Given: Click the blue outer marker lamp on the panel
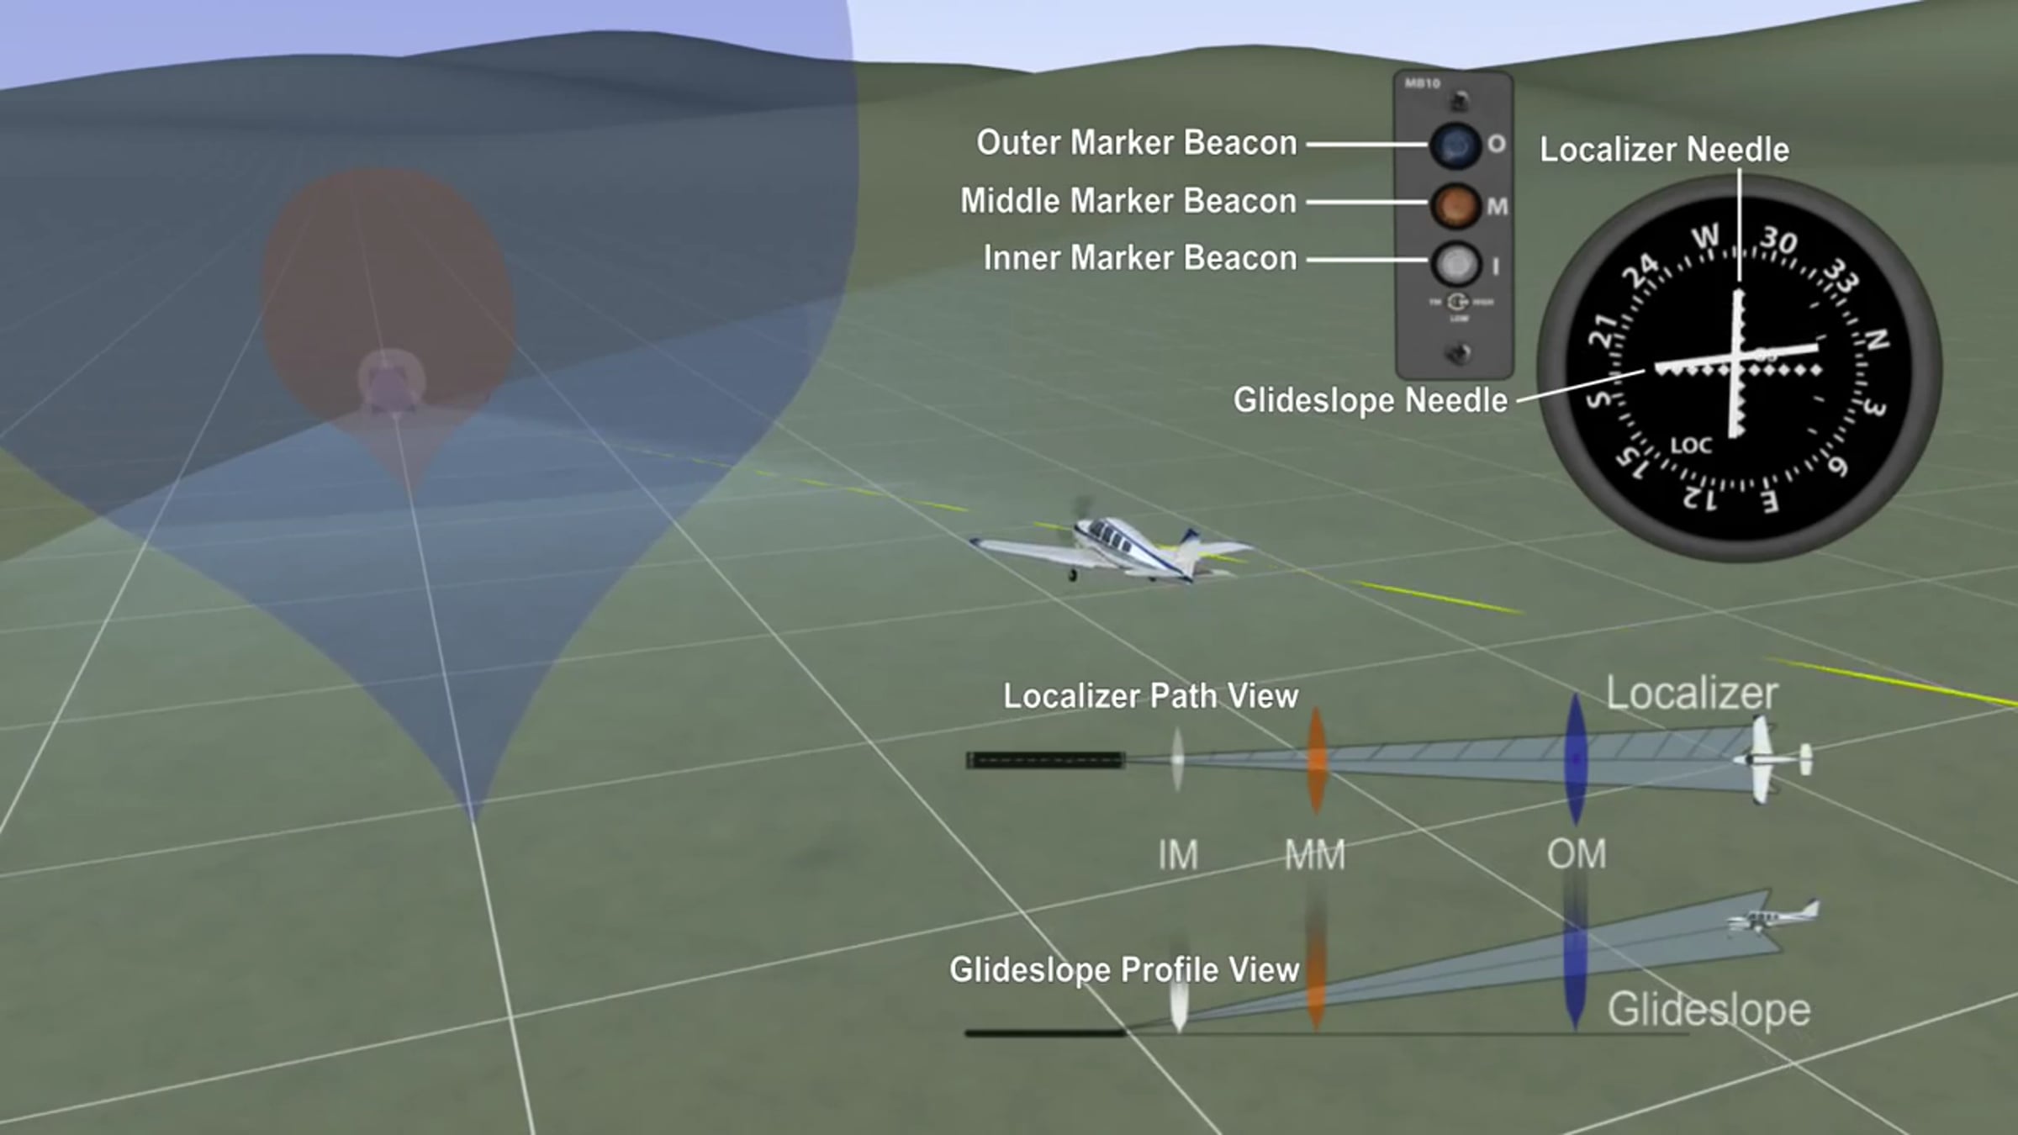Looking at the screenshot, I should click(1455, 145).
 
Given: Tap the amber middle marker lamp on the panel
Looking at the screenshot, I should click(1455, 204).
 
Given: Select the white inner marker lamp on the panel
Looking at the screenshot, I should click(1455, 263).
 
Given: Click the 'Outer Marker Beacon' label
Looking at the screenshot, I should click(1136, 143).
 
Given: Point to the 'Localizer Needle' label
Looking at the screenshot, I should click(1664, 150).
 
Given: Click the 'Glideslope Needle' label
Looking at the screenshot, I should click(1370, 400).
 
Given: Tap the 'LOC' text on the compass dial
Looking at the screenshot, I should click(1691, 446).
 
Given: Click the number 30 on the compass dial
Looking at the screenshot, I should click(1778, 241).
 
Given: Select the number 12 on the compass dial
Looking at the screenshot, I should click(1700, 498).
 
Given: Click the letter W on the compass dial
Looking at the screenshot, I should click(1704, 238).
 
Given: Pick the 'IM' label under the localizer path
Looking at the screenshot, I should click(1177, 856).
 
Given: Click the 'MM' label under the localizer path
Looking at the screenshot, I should click(1315, 856).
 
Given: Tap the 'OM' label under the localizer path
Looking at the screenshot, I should click(1577, 854).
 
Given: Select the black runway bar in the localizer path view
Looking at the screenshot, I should click(1045, 760).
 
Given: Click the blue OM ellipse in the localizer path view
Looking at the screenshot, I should click(1576, 759).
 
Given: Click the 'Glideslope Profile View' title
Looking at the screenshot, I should click(1123, 970).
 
